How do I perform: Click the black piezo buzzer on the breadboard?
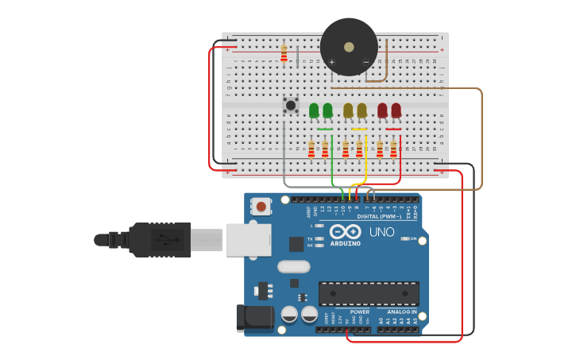[x=349, y=47]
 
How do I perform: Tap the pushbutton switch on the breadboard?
[x=291, y=105]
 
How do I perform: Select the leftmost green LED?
[x=314, y=110]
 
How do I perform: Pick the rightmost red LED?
[x=396, y=110]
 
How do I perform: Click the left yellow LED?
[x=348, y=110]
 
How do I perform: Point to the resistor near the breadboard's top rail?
[x=284, y=54]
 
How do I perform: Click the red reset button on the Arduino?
[x=261, y=207]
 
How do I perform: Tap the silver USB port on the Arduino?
[x=248, y=239]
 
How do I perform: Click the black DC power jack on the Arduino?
[x=255, y=318]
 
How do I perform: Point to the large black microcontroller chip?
[x=369, y=293]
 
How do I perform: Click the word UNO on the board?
[x=381, y=232]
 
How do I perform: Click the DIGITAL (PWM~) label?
[x=378, y=216]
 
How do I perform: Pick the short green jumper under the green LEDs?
[x=325, y=129]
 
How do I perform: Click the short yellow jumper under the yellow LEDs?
[x=359, y=129]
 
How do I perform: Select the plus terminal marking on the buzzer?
[x=332, y=62]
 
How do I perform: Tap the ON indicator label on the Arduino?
[x=413, y=238]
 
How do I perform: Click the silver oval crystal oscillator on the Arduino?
[x=293, y=266]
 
